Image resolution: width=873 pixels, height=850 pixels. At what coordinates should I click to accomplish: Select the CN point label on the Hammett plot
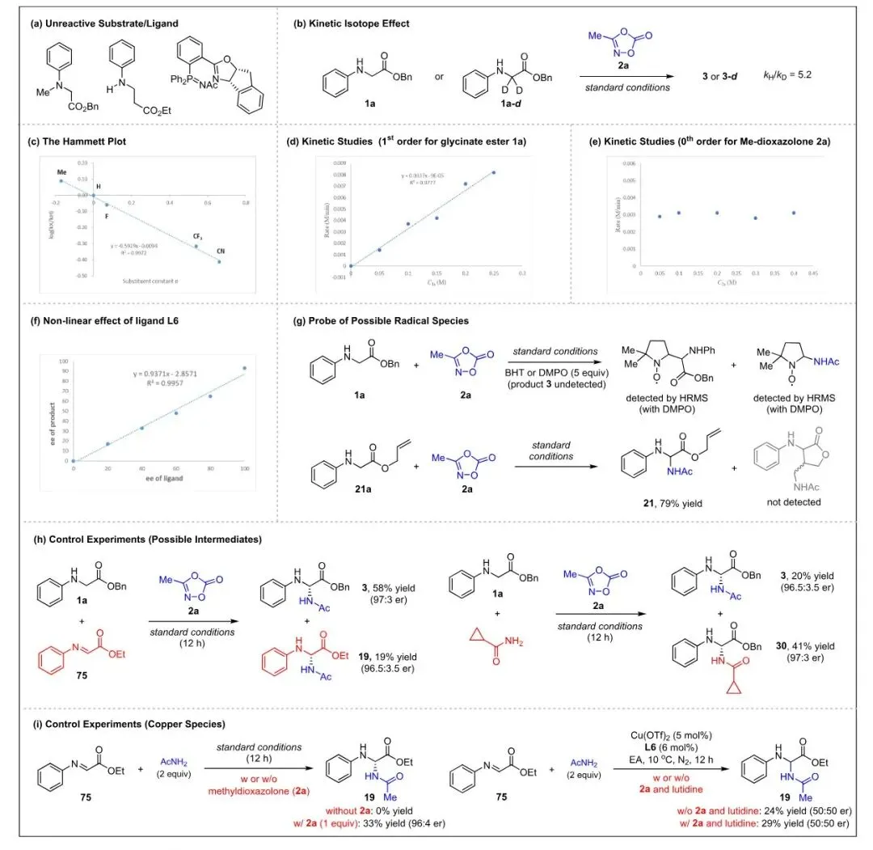pos(220,252)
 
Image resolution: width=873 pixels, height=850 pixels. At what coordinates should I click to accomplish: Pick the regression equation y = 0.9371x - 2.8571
pos(169,374)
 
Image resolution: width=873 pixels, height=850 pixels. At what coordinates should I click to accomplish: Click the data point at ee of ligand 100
pos(245,368)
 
